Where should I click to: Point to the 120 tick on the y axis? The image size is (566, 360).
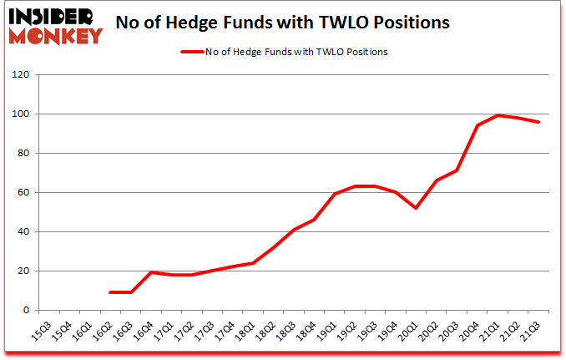(x=21, y=75)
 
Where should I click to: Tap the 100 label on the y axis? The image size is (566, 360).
(x=21, y=114)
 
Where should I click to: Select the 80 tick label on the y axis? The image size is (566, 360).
(x=23, y=154)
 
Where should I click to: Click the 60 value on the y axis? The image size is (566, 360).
(x=23, y=193)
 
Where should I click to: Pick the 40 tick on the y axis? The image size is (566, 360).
(x=23, y=232)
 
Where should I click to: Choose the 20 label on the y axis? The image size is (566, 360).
(x=23, y=271)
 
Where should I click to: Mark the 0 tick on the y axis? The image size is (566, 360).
(x=26, y=311)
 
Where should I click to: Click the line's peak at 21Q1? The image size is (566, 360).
(x=498, y=115)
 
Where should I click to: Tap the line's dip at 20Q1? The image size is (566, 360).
(x=416, y=208)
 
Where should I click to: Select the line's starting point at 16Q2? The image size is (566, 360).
(x=111, y=292)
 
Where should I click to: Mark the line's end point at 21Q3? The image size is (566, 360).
(x=538, y=122)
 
